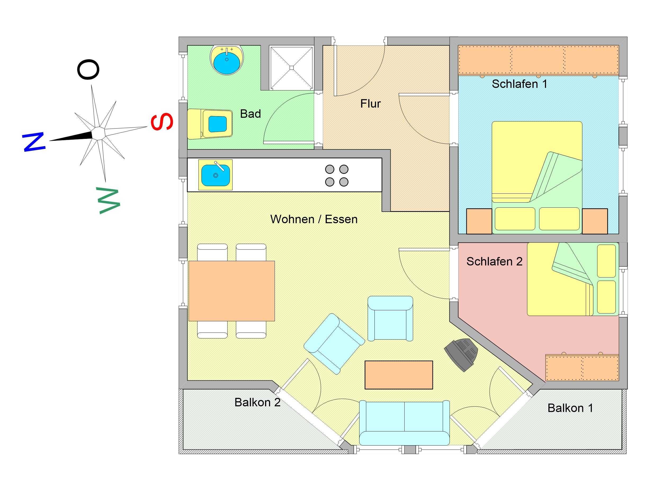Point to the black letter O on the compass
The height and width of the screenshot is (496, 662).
coord(88,70)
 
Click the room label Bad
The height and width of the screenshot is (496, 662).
coord(250,114)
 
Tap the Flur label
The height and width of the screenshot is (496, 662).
coord(370,104)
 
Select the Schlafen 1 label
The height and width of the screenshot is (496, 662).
coord(519,84)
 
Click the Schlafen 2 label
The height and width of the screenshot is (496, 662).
coord(494,262)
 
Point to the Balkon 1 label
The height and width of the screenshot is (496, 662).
coord(570,408)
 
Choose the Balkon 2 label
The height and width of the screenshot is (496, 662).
coord(257,402)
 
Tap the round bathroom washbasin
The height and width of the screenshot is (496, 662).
coord(227,59)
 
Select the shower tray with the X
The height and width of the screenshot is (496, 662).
coord(291,67)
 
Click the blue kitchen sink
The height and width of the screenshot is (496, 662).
coord(216,175)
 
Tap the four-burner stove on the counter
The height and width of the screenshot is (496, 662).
coord(337,175)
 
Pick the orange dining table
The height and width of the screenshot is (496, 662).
coord(232,291)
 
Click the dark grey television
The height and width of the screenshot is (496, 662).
coord(461,354)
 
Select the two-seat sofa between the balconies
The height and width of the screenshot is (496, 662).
coord(404,423)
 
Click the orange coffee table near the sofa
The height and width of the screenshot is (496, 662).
coord(399,375)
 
